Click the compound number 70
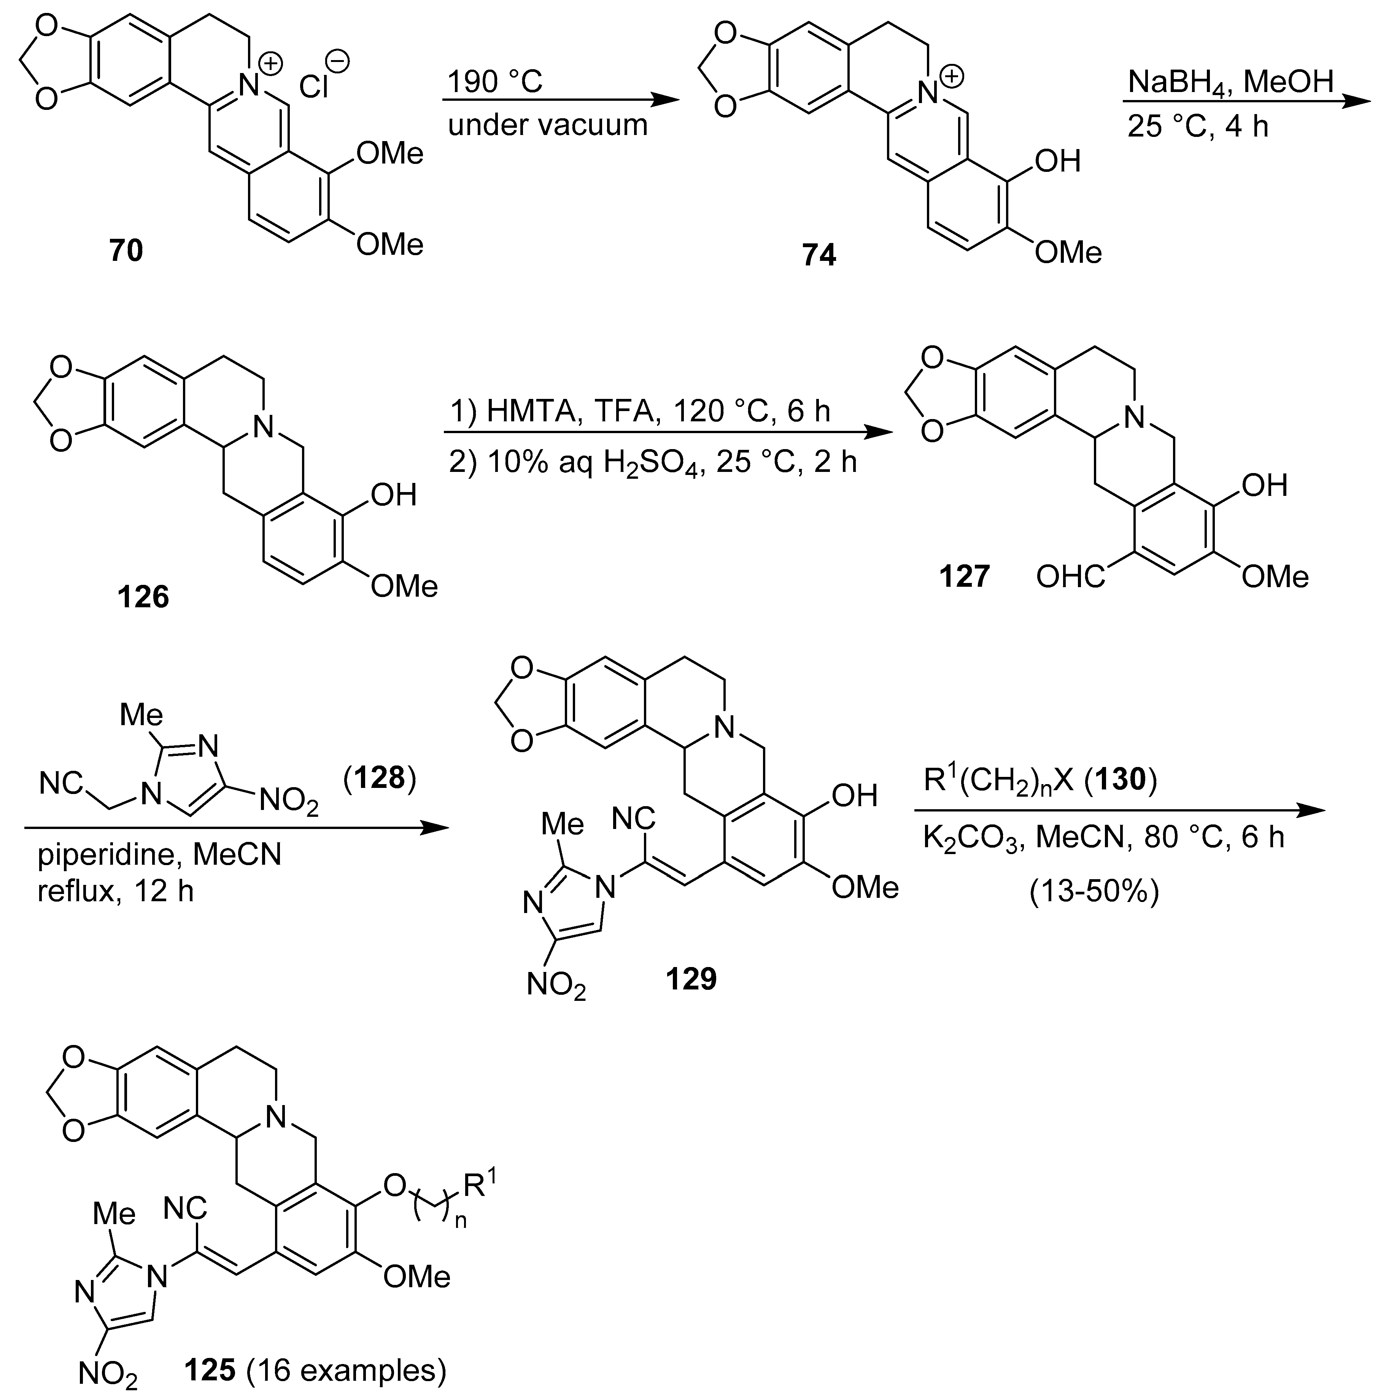click(126, 251)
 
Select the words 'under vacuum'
click(547, 125)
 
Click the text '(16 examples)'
click(346, 1370)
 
